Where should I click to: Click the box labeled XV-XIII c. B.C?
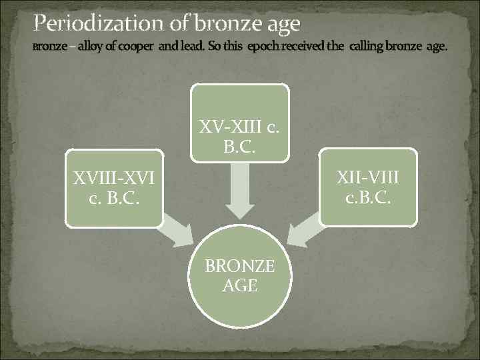coord(240,123)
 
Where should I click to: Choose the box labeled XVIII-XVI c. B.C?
coord(114,188)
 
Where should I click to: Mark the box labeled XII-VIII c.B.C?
coord(368,188)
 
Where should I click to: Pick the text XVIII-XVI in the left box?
coord(114,178)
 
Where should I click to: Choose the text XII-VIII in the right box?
coord(368,178)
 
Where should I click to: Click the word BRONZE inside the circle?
coord(239,267)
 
